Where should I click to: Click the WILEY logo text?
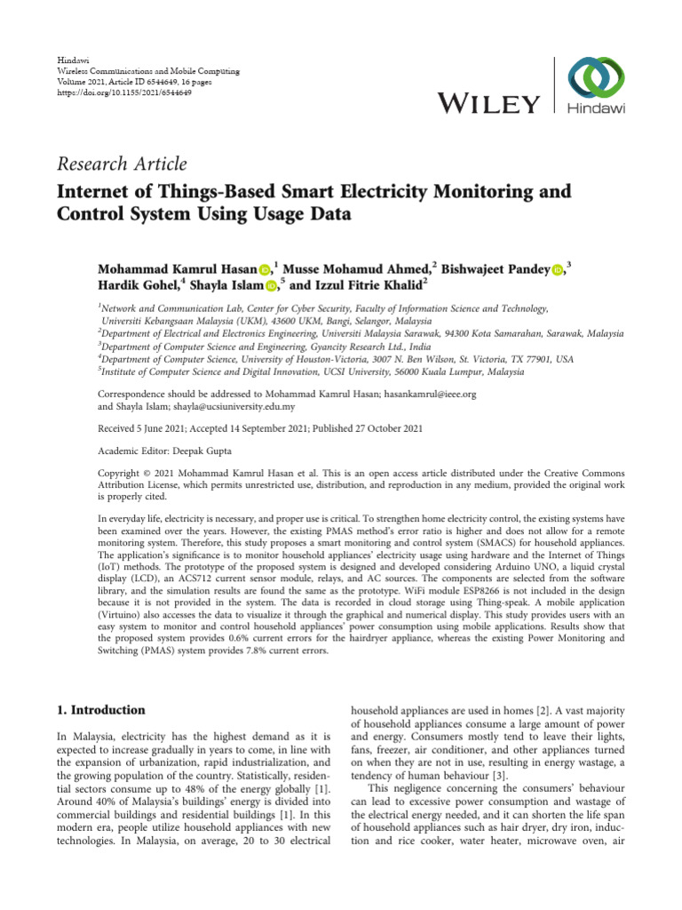488,106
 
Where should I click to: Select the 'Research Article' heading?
121,164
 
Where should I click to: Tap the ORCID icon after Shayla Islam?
272,285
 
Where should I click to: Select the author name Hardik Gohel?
138,285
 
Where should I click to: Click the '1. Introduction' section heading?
100,710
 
